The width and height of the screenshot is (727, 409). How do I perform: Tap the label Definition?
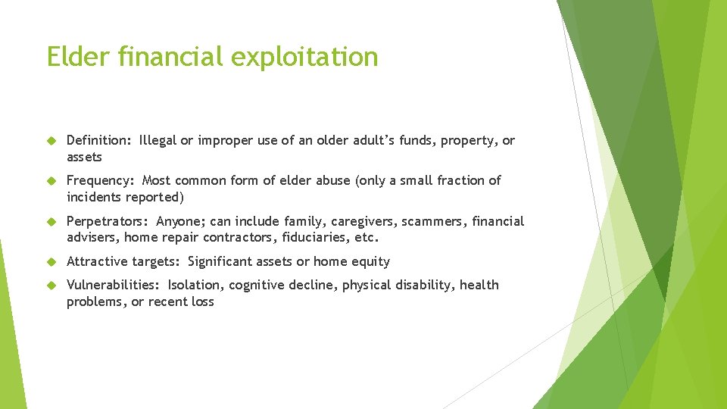99,141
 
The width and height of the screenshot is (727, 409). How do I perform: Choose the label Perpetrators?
108,221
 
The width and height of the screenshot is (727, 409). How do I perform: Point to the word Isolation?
195,285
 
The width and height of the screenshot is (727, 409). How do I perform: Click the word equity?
370,262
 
